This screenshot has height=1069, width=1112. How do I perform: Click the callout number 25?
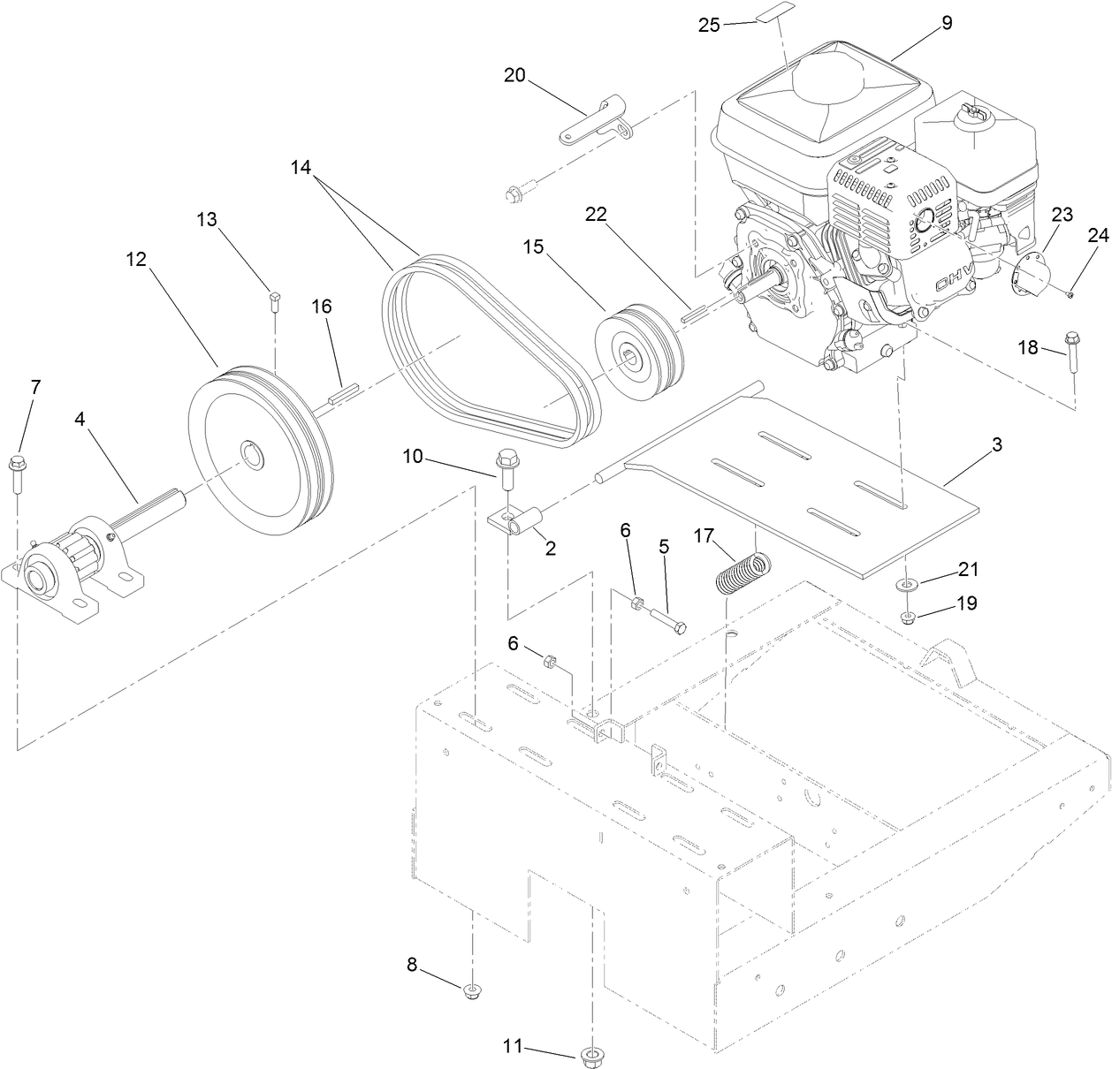[709, 25]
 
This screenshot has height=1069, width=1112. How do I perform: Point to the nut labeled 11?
[590, 1053]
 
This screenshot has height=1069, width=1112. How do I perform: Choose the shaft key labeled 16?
[341, 391]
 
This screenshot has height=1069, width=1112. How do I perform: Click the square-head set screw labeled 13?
[273, 302]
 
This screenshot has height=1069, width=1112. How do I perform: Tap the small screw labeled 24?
[1070, 294]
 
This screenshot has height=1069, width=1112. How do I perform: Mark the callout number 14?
[301, 166]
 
